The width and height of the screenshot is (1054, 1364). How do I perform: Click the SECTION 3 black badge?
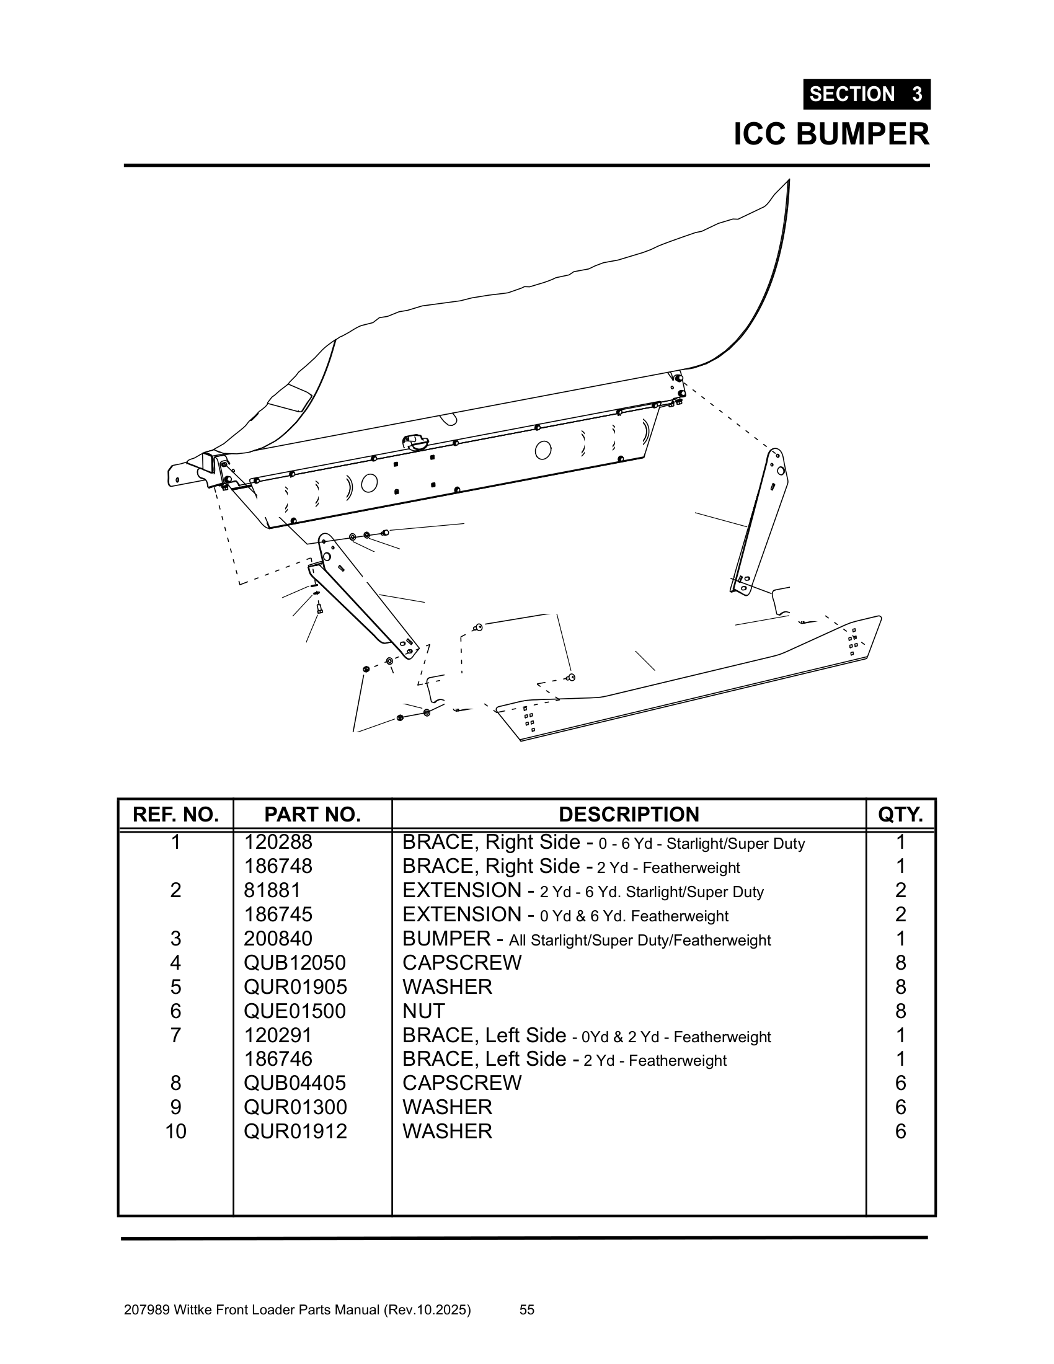(866, 94)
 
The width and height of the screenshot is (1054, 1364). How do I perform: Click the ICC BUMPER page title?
(831, 135)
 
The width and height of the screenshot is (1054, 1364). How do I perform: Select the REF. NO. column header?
(175, 815)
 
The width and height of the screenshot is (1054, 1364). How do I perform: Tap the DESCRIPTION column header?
(629, 815)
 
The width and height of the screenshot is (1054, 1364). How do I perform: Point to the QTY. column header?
(900, 815)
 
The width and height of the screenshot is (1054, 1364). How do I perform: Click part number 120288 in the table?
(278, 843)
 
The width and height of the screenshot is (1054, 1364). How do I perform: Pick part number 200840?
(278, 939)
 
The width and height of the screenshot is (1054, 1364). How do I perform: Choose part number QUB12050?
(294, 962)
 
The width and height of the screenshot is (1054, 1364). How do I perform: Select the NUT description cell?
(423, 1011)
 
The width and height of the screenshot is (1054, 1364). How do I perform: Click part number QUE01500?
(294, 1011)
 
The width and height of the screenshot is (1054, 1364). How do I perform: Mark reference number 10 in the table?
(175, 1131)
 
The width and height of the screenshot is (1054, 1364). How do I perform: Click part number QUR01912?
(294, 1131)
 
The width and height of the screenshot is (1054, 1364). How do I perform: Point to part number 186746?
(278, 1058)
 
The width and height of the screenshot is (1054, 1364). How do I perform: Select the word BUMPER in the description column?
(446, 939)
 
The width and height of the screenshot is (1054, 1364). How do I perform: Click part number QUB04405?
(294, 1083)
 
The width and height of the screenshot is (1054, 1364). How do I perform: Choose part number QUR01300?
(294, 1107)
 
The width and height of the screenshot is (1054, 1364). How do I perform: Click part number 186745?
(278, 914)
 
